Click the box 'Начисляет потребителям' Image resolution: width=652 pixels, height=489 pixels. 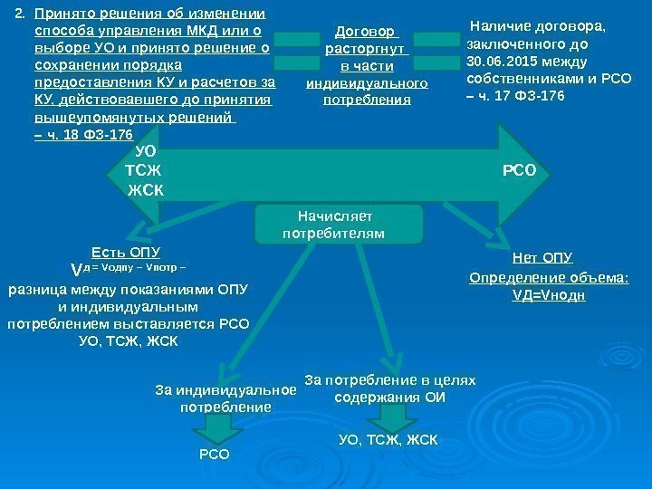click(x=339, y=225)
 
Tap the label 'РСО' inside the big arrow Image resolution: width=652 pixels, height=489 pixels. click(x=519, y=168)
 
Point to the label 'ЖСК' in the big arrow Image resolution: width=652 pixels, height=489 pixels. click(x=146, y=190)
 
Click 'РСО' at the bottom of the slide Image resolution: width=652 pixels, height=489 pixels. click(x=214, y=453)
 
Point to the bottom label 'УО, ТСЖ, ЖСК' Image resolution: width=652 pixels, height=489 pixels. click(x=388, y=440)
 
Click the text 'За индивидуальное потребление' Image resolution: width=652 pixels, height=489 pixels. click(x=225, y=399)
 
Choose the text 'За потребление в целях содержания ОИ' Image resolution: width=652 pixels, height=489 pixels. click(x=390, y=388)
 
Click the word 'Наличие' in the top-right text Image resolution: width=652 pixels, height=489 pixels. click(x=503, y=26)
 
